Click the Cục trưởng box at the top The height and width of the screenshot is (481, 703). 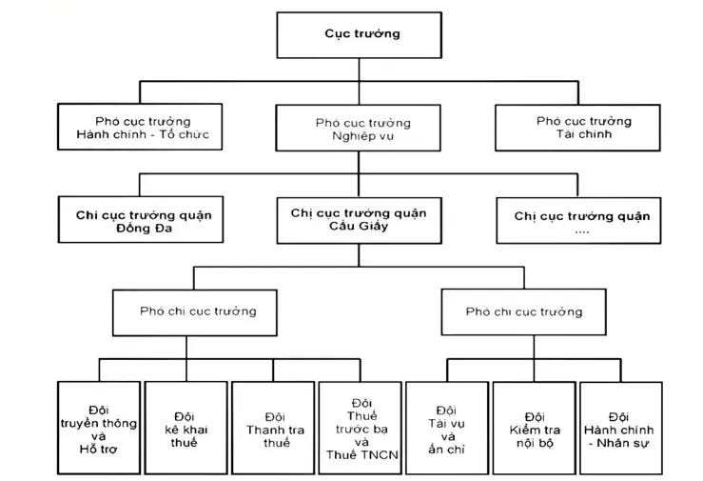(360, 35)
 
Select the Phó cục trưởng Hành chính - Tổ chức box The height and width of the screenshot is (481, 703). (140, 127)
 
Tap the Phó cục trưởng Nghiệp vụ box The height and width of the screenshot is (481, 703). (359, 128)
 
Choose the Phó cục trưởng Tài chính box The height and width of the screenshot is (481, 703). (578, 128)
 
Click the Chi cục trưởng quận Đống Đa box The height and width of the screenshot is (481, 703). (141, 219)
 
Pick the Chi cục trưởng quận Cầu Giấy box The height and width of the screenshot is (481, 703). (360, 220)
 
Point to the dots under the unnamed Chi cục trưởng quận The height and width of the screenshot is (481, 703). (582, 232)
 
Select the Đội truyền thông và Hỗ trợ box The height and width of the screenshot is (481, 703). (99, 428)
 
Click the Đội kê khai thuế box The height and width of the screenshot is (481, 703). (186, 428)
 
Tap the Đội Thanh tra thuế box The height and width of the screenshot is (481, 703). (273, 428)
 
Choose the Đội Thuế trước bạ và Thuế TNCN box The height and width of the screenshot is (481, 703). (360, 428)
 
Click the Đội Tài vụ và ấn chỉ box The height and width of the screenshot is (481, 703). (447, 428)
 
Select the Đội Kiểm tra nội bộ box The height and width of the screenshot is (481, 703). (534, 428)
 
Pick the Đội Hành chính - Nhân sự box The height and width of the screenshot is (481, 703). (621, 428)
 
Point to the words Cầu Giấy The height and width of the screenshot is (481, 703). (359, 226)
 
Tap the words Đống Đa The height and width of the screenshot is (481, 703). (144, 229)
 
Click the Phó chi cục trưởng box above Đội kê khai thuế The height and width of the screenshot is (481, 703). (195, 312)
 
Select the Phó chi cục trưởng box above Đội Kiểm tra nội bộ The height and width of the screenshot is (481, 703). (523, 311)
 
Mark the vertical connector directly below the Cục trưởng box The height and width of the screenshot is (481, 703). (360, 70)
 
